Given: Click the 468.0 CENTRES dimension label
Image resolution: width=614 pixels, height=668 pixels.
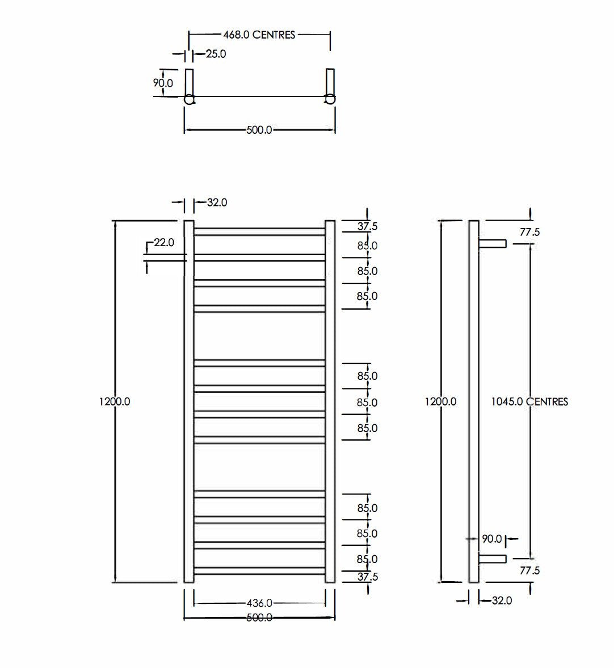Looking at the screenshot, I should tap(259, 35).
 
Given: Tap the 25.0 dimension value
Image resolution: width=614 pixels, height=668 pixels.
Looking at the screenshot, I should tap(216, 54).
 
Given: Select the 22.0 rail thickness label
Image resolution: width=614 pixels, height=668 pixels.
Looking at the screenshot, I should tap(164, 242).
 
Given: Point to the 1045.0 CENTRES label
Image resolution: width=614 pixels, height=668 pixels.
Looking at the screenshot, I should tap(529, 401).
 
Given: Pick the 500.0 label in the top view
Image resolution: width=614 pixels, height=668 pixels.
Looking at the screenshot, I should tap(259, 130).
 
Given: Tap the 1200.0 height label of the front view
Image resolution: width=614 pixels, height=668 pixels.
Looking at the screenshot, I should tap(115, 401).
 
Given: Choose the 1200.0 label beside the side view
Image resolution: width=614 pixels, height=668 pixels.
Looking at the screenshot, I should tap(441, 401).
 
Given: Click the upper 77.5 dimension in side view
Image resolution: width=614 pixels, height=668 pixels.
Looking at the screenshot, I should tap(529, 232).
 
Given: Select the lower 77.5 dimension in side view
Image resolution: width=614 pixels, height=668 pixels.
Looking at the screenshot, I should tap(529, 570).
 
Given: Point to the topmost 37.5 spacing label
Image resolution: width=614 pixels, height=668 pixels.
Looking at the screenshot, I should tap(367, 226).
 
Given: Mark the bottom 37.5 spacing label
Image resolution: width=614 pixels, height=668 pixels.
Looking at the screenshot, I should tap(367, 577).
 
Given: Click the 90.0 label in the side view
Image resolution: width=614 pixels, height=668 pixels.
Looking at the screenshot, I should tap(492, 539).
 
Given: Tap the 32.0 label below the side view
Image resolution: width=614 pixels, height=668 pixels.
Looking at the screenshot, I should tap(502, 600).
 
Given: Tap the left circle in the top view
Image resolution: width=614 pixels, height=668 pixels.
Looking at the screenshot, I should tap(190, 100).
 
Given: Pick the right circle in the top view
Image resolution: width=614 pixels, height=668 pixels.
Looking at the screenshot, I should tap(329, 100).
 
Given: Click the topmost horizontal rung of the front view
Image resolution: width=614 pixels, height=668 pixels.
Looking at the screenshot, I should tap(259, 232).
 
